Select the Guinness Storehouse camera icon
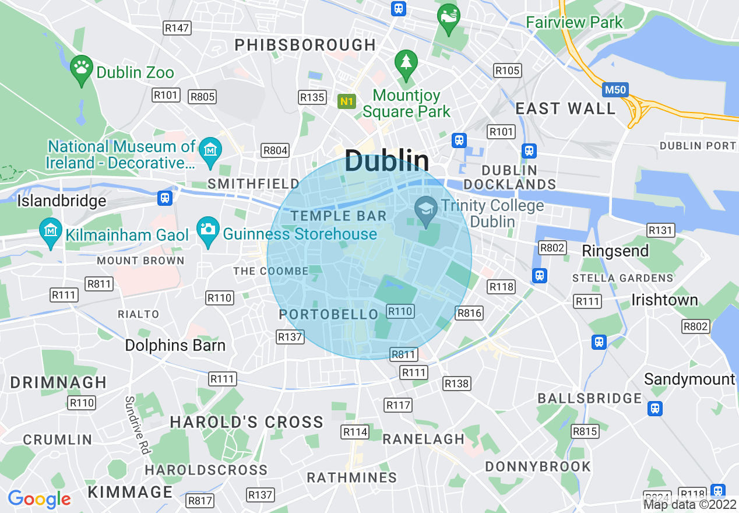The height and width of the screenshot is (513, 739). pos(207,228)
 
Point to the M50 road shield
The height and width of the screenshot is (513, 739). pos(615,89)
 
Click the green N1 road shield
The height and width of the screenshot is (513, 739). pos(347,101)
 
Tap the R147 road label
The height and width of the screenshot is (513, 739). pos(177,27)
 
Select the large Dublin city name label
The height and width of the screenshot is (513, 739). pos(387,161)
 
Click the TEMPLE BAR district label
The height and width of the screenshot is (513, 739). pos(339,216)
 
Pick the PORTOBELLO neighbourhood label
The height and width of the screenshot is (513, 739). pos(329,314)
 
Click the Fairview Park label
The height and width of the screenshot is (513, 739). pos(574,23)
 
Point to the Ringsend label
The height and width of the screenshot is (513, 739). pos(615,251)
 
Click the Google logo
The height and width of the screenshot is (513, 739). pos(40,499)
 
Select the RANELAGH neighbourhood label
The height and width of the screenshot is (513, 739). pos(423,438)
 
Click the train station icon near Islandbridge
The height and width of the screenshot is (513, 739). pos(166,198)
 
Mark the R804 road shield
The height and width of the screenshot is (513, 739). pos(275,150)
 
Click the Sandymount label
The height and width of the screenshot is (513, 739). pos(689,380)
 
